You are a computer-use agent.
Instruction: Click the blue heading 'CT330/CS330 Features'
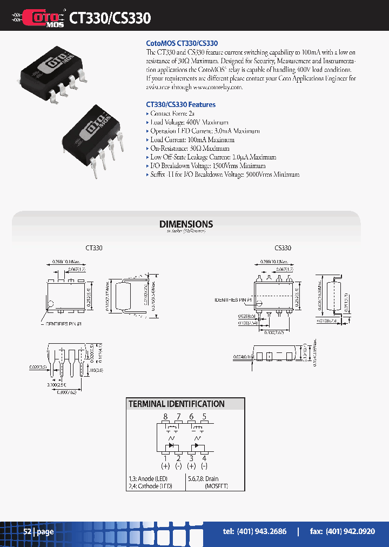coord(181,104)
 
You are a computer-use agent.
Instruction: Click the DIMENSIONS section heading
coord(186,224)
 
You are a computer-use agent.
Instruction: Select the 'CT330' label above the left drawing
coord(94,248)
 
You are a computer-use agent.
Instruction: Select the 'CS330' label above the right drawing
coord(283,248)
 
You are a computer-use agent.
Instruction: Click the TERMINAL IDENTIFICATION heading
coord(176,404)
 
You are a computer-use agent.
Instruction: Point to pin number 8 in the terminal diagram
coord(165,417)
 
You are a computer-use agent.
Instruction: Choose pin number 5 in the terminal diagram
coord(204,417)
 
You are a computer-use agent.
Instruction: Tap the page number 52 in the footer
coord(28,531)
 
